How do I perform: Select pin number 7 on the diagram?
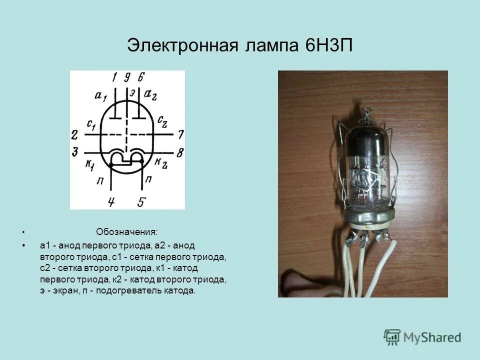[180, 134]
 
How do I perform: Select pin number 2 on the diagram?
[74, 134]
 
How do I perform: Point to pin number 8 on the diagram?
[180, 152]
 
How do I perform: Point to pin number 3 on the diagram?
[74, 152]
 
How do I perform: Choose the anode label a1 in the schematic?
[100, 95]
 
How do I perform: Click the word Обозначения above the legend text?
[126, 232]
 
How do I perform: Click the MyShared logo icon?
[392, 336]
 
